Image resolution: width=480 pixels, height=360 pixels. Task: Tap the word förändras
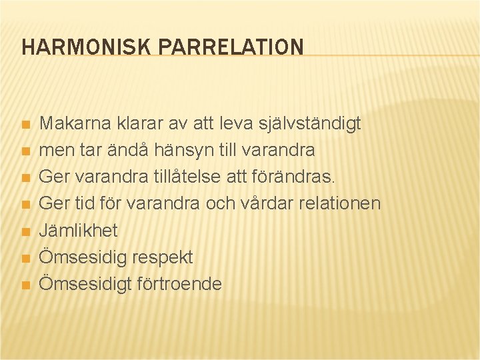(303, 177)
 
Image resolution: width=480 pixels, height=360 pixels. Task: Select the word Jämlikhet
(78, 231)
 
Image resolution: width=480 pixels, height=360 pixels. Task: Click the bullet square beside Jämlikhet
(25, 232)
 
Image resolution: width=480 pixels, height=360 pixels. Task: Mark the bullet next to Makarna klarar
(25, 125)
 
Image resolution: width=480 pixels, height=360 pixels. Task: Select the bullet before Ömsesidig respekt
(25, 259)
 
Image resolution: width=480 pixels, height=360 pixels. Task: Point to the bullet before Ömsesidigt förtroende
(25, 285)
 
